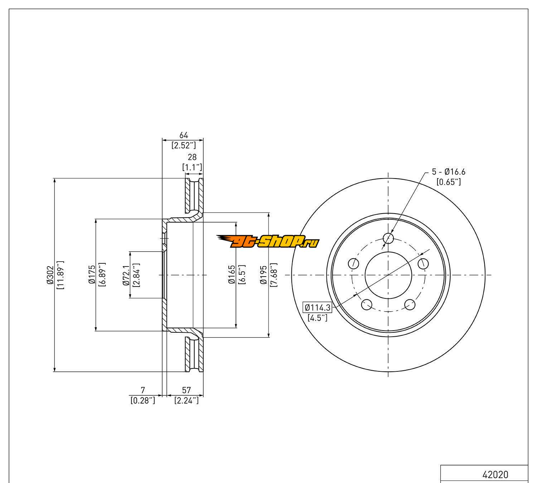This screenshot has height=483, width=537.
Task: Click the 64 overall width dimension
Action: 183,135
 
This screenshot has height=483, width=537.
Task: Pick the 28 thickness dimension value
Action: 192,157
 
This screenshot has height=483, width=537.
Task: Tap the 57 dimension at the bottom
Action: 187,390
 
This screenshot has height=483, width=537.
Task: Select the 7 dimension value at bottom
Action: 143,390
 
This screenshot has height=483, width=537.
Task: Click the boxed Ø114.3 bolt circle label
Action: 318,307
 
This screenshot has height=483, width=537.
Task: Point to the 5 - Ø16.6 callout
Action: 449,172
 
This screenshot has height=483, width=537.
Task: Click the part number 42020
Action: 495,475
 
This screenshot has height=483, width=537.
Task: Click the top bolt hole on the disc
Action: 388,238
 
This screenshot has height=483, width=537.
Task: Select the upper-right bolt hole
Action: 423,263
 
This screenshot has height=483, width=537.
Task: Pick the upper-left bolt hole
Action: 354,263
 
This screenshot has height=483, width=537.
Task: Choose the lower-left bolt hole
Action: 367,305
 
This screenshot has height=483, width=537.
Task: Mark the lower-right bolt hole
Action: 410,305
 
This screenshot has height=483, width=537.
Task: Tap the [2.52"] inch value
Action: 183,145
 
